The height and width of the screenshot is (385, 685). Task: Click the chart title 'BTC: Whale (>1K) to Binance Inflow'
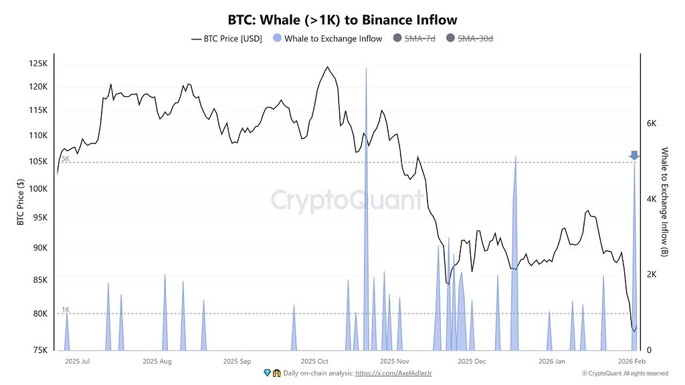point(342,20)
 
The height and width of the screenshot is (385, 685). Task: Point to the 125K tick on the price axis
point(38,63)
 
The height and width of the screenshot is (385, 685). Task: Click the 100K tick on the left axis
point(38,189)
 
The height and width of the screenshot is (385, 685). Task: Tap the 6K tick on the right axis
point(652,124)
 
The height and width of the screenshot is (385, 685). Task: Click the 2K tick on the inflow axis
point(652,275)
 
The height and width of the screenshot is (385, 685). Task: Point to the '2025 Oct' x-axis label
point(314,361)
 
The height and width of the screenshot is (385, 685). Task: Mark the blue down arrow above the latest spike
point(634,156)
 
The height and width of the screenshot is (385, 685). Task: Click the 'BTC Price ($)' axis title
point(20,203)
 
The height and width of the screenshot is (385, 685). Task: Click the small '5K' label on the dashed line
point(65,159)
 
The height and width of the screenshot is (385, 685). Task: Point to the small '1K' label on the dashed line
point(65,309)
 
